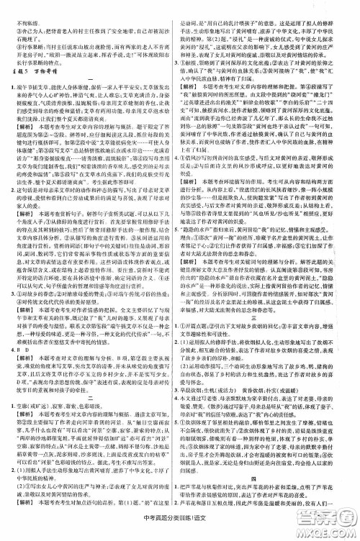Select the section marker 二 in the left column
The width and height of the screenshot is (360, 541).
91,385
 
